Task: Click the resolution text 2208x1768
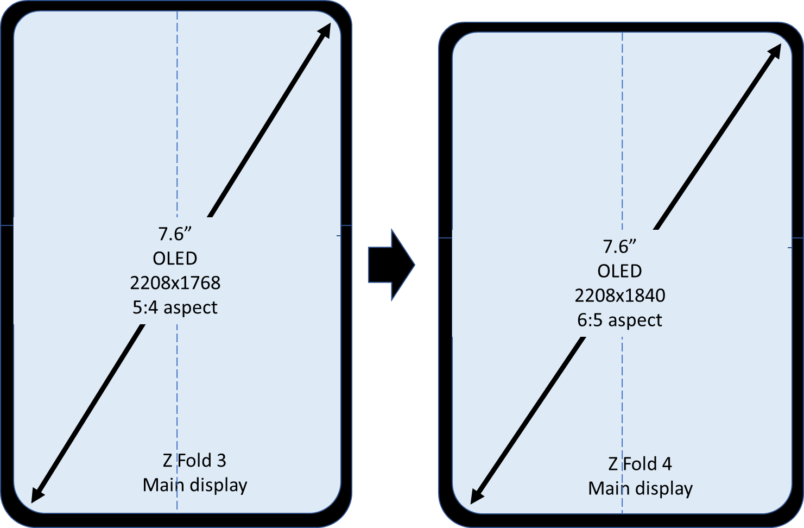(x=175, y=283)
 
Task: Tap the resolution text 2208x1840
(x=620, y=296)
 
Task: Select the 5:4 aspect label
(x=175, y=307)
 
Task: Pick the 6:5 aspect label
(x=620, y=320)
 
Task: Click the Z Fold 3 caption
(x=194, y=461)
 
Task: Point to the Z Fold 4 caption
(x=640, y=464)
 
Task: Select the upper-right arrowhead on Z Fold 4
(x=775, y=52)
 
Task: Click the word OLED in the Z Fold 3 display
(x=175, y=259)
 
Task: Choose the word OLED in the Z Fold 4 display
(x=620, y=271)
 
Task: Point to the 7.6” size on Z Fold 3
(x=175, y=234)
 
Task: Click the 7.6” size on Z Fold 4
(x=620, y=247)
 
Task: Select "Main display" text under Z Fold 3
(x=195, y=485)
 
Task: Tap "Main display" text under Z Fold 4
(x=641, y=488)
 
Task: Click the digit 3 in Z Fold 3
(x=221, y=461)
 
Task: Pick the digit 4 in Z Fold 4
(x=667, y=464)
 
